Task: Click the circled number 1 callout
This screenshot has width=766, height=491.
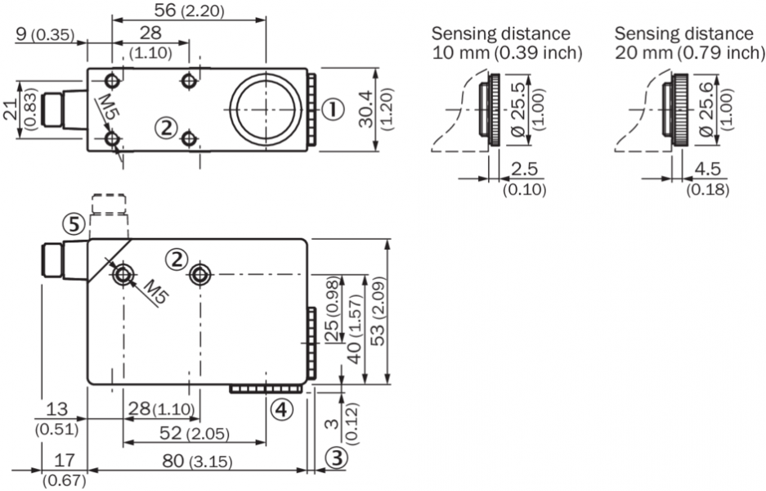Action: pos(331,109)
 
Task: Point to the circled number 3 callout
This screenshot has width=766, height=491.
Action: pos(335,459)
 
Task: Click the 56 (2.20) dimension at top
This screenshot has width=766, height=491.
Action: pos(189,11)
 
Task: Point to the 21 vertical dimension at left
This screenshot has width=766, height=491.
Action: pos(11,109)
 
